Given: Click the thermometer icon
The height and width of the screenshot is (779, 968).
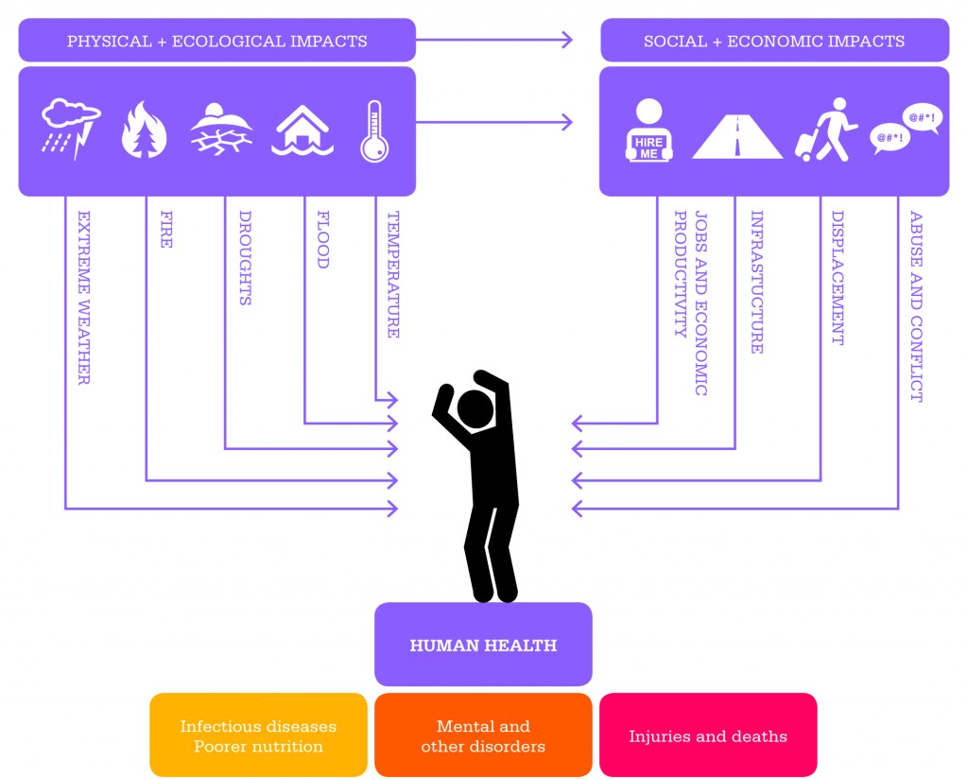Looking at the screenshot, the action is [374, 131].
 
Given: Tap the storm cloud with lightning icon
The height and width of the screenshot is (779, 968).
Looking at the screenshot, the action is [71, 129].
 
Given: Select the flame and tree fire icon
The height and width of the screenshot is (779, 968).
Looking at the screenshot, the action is [144, 130].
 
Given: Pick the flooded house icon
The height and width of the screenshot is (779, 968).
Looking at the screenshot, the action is [302, 130].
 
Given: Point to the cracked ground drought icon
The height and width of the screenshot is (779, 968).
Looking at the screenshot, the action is [221, 129].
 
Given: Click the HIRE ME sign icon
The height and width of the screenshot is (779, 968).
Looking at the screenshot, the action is [648, 130].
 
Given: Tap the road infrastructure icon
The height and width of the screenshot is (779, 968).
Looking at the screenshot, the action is [737, 136].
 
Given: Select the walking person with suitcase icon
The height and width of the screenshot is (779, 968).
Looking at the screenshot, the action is [826, 130].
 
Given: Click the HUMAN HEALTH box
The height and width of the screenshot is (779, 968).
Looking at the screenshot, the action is [483, 645].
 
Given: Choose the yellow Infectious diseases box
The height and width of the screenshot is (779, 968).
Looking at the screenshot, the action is [258, 736].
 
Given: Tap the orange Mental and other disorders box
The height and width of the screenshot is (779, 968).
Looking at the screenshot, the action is [483, 736].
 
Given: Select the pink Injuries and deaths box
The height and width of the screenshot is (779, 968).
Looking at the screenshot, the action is [708, 736].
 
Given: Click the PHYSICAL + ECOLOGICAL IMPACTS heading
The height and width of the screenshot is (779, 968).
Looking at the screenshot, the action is [217, 41].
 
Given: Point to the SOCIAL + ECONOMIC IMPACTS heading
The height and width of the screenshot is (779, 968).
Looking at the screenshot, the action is [774, 41].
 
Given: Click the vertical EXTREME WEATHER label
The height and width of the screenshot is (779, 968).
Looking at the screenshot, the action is [84, 298].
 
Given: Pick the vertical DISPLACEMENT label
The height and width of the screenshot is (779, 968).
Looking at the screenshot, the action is [838, 278].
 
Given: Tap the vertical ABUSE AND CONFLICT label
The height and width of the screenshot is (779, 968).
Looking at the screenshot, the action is [916, 306].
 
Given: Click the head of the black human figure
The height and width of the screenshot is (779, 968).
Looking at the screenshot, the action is [475, 409].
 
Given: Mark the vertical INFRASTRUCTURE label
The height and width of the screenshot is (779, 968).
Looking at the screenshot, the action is [757, 282].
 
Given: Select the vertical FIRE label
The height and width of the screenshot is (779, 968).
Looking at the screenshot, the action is [166, 229].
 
